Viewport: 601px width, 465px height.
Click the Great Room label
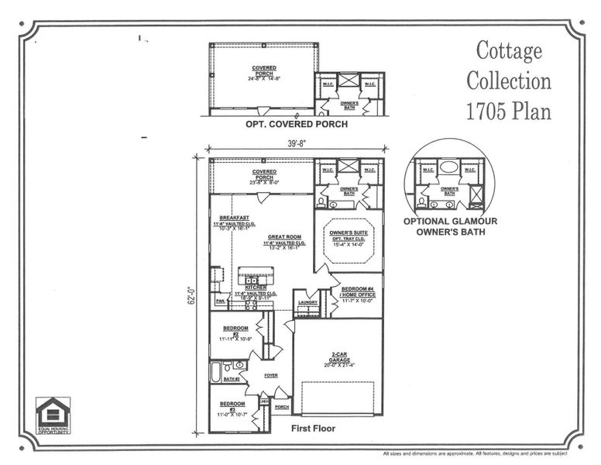point(283,238)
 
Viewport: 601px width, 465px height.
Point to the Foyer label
point(271,375)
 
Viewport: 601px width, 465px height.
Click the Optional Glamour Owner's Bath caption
point(450,226)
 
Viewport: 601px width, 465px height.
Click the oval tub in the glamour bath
point(449,167)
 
